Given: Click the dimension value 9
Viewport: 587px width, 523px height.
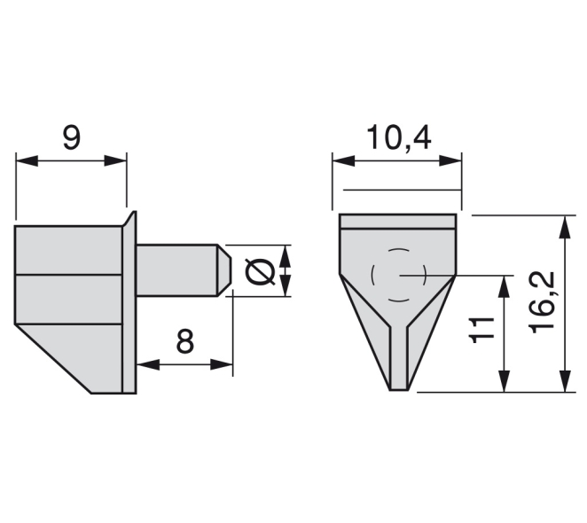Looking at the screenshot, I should [71, 137].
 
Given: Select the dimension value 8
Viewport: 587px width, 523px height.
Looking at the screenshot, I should [184, 341].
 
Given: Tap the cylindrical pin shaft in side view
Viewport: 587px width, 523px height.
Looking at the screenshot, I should [177, 269].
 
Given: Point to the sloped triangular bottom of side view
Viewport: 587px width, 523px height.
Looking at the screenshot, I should [84, 355].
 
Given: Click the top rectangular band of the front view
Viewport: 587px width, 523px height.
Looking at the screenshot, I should [399, 221].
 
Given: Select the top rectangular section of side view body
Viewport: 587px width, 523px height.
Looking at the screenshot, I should [68, 250].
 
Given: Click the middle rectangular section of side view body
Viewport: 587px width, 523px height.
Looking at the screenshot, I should [68, 300].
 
